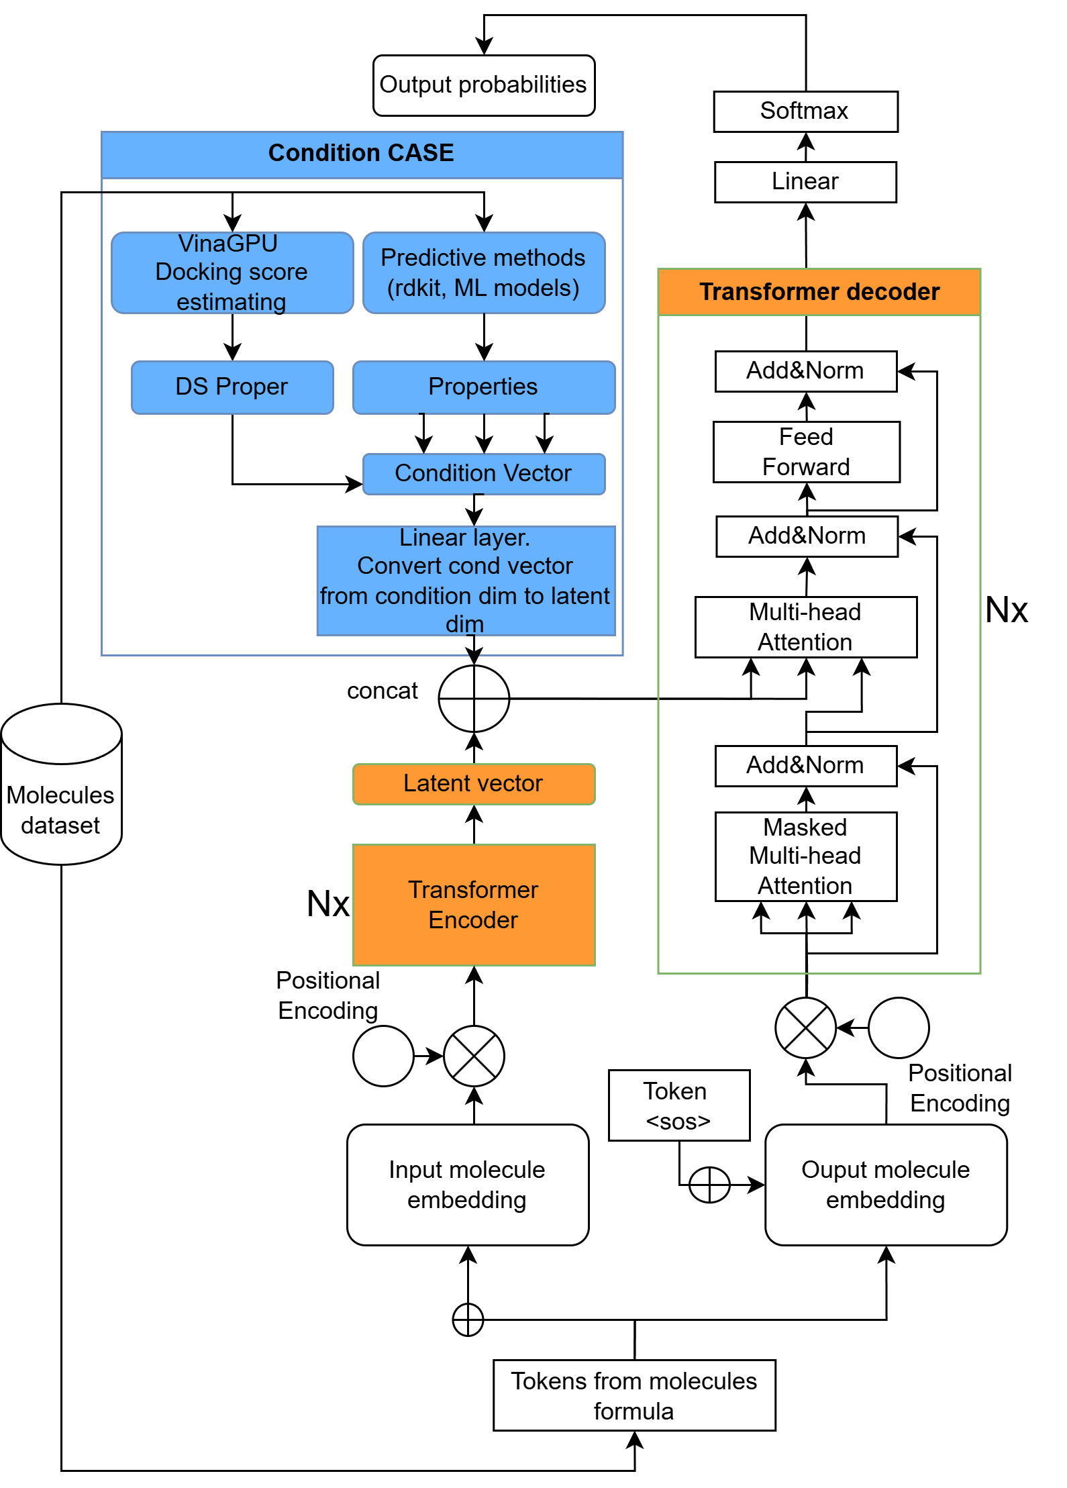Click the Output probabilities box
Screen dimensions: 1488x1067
point(483,85)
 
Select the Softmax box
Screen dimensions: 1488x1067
point(805,111)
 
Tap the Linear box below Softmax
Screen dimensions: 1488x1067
point(805,182)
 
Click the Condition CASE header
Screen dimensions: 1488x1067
point(362,154)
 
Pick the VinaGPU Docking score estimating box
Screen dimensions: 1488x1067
point(232,272)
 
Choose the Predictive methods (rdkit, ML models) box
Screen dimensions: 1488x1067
point(483,272)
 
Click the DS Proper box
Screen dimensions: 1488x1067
point(232,387)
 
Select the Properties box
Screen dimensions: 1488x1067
point(483,387)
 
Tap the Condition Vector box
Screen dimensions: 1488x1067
point(483,474)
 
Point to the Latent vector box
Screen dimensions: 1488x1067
point(473,784)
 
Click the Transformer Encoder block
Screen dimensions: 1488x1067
point(473,905)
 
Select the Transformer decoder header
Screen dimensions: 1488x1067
point(819,292)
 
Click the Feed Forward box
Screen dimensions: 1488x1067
point(806,452)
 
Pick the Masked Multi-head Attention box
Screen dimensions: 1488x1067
point(805,856)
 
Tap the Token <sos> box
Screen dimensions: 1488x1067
point(678,1105)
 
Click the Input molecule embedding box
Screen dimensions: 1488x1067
point(468,1185)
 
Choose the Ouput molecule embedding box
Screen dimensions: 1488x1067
point(885,1185)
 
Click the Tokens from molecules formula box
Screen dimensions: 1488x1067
point(633,1395)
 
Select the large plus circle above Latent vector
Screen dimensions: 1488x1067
point(474,699)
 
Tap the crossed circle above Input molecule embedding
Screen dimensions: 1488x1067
point(474,1056)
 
